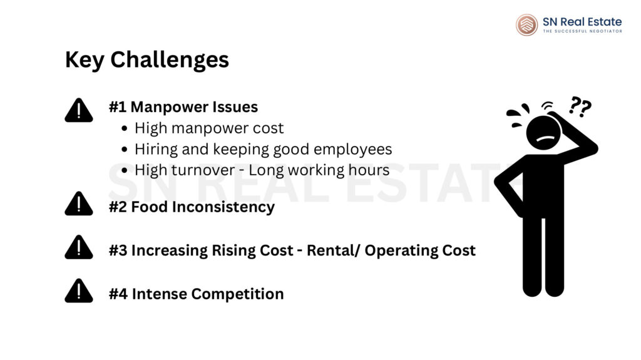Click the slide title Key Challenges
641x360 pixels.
(146, 60)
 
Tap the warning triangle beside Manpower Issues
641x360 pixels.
(78, 111)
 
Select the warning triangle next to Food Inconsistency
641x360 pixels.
(78, 205)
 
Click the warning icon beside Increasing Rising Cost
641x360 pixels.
(78, 249)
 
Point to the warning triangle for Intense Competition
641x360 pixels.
(78, 292)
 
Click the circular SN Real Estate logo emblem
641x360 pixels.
(526, 24)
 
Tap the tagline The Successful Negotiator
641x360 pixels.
(582, 31)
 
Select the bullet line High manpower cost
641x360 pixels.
(208, 128)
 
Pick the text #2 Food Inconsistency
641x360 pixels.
(192, 207)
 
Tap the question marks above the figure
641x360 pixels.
(580, 108)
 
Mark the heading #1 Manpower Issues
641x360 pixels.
(183, 107)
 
